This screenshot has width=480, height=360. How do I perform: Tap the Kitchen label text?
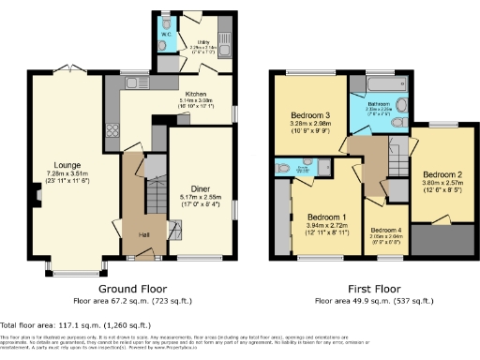coord(195,95)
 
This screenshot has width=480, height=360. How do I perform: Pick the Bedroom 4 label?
coord(383,230)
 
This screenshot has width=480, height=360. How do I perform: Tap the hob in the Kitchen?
coord(112,130)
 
